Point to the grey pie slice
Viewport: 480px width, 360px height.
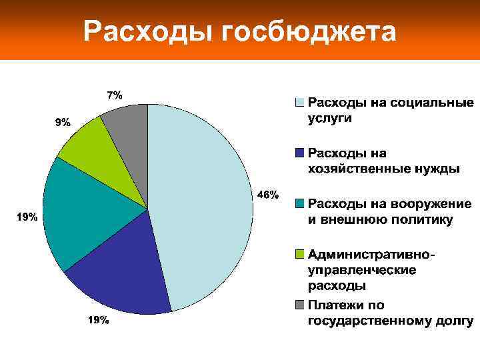coord(130,127)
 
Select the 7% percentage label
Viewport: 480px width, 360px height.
coord(115,95)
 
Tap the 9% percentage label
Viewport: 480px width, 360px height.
coord(62,122)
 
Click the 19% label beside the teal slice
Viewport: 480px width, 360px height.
coord(27,217)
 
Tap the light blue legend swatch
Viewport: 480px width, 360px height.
coord(300,103)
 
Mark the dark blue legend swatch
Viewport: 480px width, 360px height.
coord(300,153)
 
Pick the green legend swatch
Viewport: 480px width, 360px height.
coord(300,254)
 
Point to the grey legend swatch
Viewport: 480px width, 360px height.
coord(300,305)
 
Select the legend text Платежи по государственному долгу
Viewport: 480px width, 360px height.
coord(390,313)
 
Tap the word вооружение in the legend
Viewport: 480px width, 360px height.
coord(433,203)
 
